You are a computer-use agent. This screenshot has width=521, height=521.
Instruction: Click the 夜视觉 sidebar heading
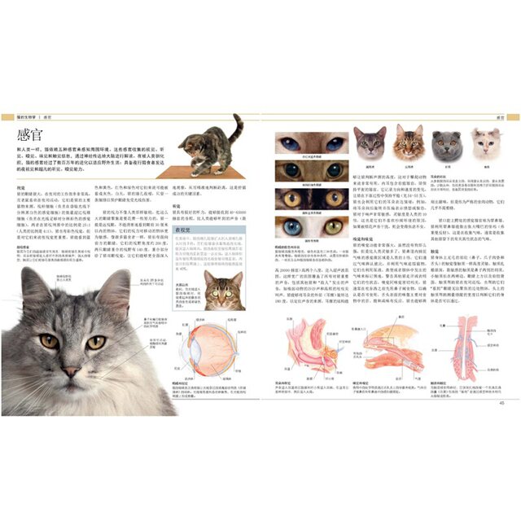coord(185,232)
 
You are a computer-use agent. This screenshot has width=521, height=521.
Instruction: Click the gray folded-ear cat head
coord(445,145)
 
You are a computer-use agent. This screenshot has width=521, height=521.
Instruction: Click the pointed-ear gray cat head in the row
coord(369,143)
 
